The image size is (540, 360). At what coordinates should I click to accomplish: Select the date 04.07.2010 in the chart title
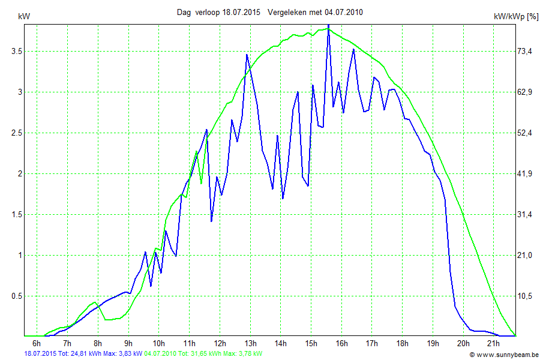coord(343,12)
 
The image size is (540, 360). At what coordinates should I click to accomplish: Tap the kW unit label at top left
coord(25,17)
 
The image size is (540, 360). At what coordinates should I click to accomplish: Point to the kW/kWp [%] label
coord(515,17)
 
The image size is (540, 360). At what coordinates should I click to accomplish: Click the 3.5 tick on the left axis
coord(17,52)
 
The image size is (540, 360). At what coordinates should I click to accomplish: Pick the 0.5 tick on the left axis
coord(17,296)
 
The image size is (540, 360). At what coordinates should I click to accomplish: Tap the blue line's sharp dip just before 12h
coord(211,221)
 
